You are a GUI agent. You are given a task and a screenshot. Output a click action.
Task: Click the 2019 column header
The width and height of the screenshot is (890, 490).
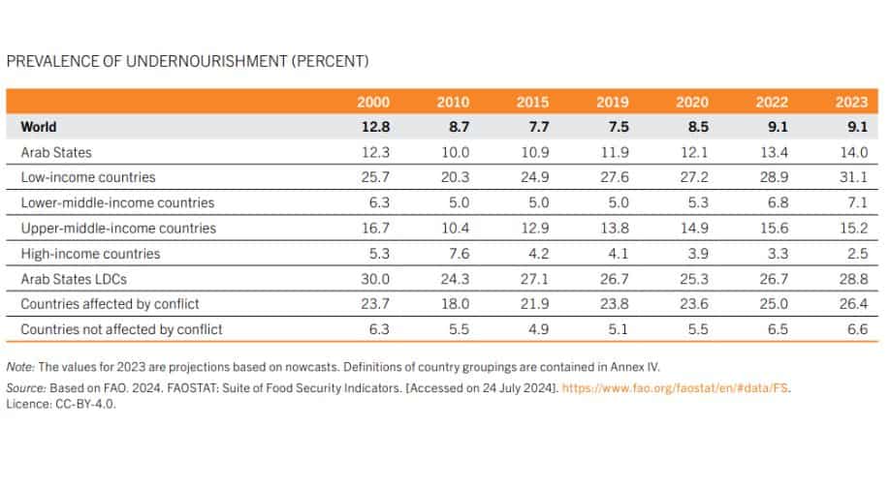613,102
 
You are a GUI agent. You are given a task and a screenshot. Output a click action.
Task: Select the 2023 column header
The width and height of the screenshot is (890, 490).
851,102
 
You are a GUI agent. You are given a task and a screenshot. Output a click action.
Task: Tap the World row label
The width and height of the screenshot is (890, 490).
39,127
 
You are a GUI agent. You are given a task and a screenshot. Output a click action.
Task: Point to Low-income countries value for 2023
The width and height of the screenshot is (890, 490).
851,178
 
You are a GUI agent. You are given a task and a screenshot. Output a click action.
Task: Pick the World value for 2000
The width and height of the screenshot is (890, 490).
374,127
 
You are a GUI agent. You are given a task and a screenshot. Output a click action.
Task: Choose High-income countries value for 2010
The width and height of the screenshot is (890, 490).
454,254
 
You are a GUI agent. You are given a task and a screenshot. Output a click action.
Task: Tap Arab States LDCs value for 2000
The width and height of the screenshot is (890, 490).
374,279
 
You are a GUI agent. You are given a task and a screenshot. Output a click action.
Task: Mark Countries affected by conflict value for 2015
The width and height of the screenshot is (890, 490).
533,304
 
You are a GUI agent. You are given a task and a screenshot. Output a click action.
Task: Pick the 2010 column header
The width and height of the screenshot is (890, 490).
454,102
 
